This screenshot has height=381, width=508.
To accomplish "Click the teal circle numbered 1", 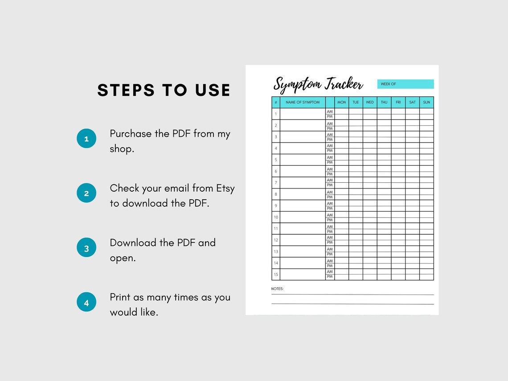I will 86,139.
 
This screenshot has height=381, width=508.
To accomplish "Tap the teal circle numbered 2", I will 86,193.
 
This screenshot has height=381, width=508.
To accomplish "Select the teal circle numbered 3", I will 86,248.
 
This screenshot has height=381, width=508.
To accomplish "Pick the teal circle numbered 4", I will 86,303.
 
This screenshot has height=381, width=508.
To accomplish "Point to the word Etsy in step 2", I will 225,188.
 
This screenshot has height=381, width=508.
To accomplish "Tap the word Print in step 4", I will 120,297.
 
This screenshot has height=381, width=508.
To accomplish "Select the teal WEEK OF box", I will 405,84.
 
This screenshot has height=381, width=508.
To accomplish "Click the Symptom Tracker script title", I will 318,84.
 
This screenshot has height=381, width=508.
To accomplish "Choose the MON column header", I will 341,102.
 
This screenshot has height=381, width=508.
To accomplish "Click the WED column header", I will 370,102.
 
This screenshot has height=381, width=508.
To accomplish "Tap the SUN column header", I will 426,102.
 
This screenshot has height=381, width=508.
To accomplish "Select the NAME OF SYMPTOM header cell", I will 303,102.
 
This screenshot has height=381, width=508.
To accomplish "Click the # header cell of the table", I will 276,102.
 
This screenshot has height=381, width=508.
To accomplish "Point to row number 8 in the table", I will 276,194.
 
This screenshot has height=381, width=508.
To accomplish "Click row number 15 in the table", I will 276,274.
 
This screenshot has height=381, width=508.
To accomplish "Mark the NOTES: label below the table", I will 277,289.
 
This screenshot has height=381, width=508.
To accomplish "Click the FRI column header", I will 398,102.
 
